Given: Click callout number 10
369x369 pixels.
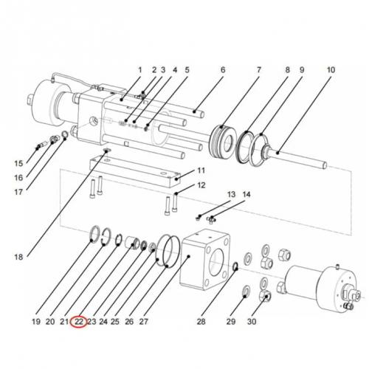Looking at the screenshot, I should click(x=330, y=71).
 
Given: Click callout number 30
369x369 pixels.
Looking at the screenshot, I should click(x=252, y=322).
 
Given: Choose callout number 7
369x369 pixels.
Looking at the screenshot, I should click(x=259, y=71).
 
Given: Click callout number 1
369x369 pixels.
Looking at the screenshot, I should click(x=138, y=71).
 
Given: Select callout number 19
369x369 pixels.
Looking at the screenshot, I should click(x=36, y=322).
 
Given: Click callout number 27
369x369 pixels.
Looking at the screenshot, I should click(x=144, y=322).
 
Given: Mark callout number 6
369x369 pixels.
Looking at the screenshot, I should click(x=221, y=71).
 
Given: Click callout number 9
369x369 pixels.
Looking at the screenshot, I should click(x=301, y=71).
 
